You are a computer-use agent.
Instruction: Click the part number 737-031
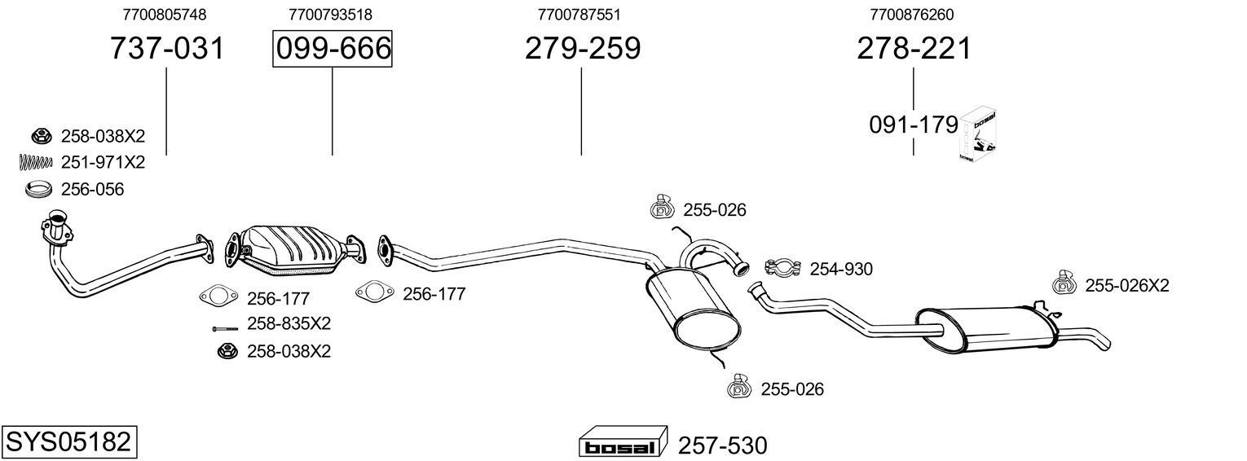166,49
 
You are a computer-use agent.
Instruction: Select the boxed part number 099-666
332,49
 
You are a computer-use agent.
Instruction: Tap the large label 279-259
582,49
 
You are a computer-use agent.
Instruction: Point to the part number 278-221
914,49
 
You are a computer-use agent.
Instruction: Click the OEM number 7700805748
165,15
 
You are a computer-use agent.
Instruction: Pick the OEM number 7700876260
912,15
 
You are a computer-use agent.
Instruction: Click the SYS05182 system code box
68,442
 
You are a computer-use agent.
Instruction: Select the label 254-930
840,269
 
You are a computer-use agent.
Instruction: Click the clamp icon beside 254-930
784,266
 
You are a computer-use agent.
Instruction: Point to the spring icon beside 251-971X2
35,163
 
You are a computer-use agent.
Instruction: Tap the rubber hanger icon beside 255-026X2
1065,283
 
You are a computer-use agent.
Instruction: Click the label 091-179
912,125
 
